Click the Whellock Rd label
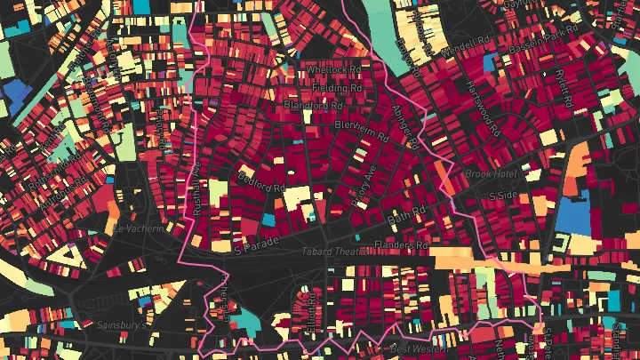tap(334, 69)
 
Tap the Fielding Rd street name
tap(337, 89)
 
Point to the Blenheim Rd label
tap(362, 132)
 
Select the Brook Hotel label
tap(491, 174)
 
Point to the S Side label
tap(503, 195)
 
